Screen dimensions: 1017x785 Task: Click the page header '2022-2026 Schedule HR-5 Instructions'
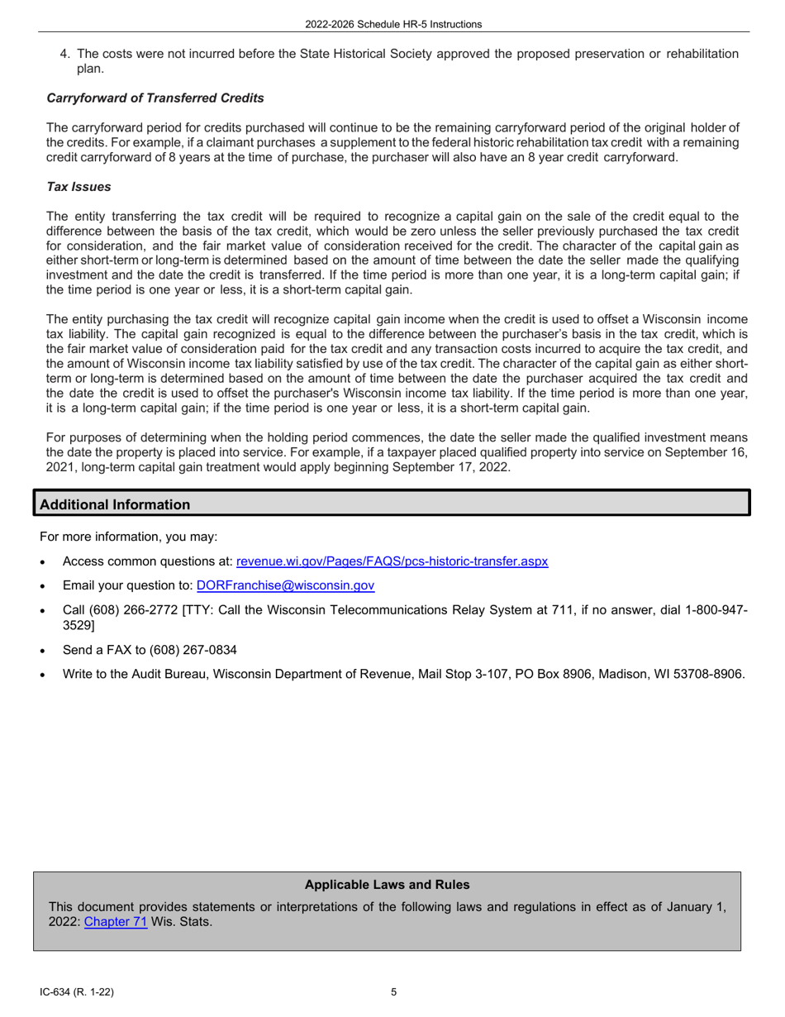tap(392, 25)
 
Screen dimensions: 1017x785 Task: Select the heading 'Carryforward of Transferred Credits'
tap(155, 98)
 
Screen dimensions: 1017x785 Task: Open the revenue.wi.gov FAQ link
tap(392, 561)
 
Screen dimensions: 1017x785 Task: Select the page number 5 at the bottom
tap(393, 993)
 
